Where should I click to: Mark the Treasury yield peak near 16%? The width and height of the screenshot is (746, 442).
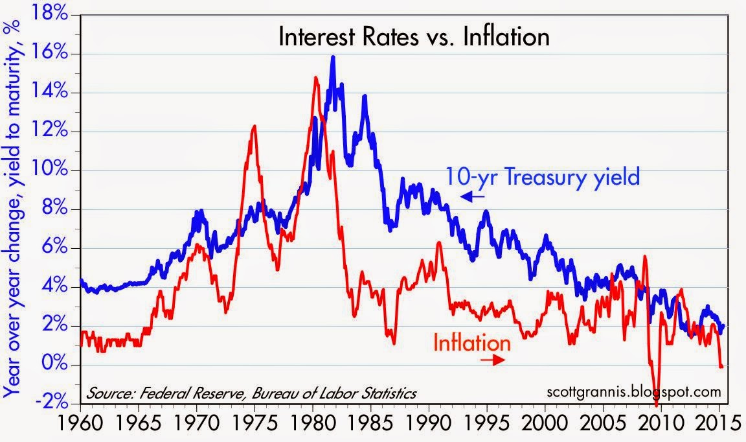click(x=333, y=58)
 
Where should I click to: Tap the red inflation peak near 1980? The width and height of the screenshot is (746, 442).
click(x=315, y=78)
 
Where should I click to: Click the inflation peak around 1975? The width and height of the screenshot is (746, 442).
click(x=254, y=126)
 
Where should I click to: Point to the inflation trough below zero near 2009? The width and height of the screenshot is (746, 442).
click(x=657, y=404)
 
